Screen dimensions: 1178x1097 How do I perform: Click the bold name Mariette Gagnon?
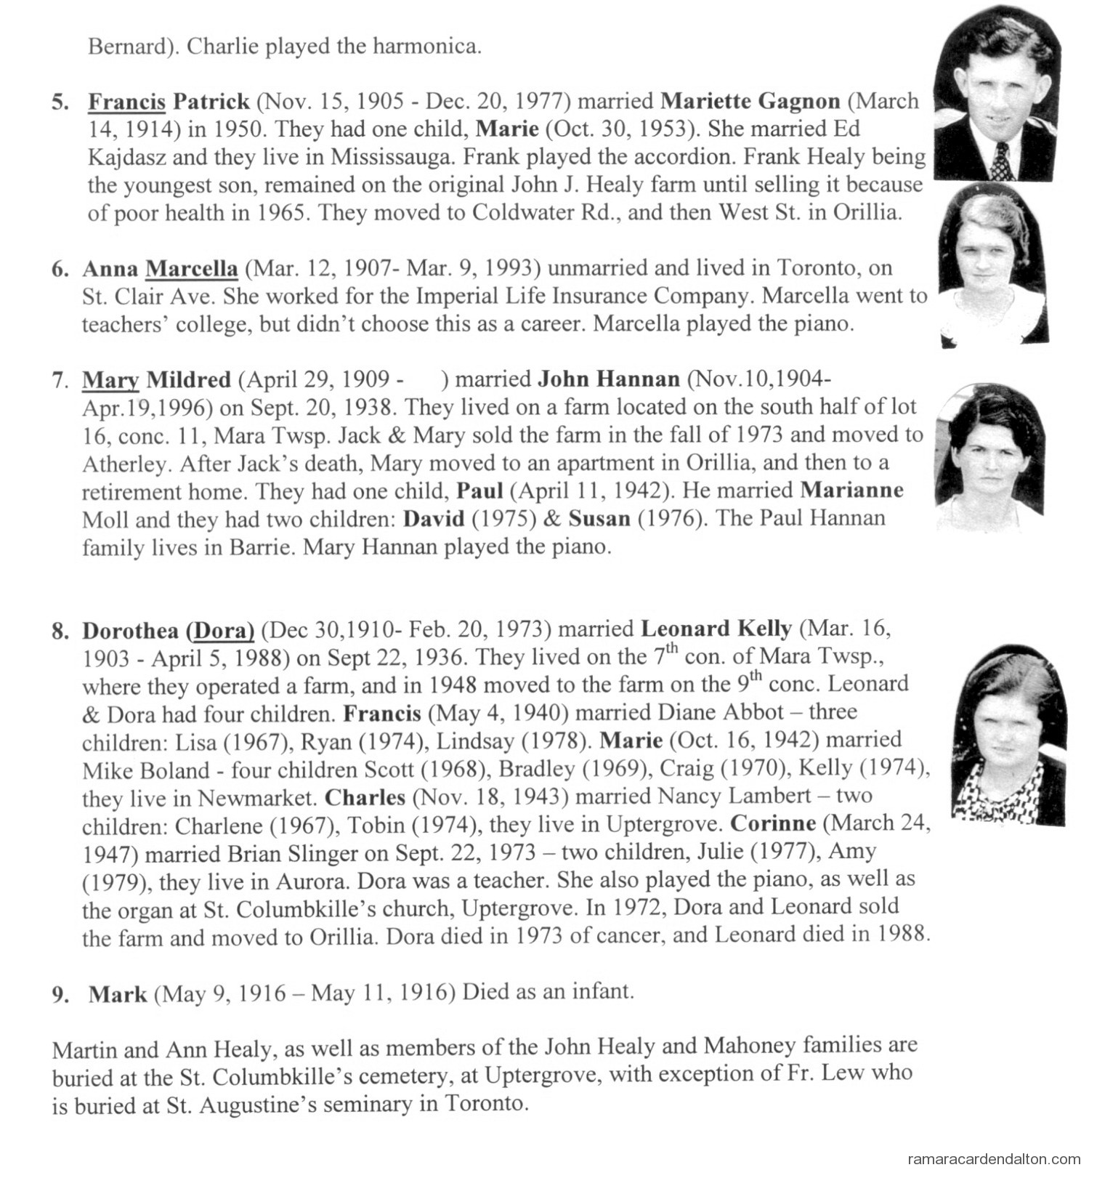point(750,101)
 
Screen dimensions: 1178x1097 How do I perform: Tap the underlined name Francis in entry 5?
point(126,101)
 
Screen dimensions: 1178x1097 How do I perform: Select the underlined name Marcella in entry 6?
point(192,269)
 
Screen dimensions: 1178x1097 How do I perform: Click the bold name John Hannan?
point(609,379)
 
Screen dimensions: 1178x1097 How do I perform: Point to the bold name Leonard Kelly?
point(716,629)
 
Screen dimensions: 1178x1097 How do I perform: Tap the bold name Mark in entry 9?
point(118,993)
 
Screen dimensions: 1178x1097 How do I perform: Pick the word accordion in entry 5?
point(617,157)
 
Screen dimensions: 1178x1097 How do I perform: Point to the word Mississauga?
point(392,157)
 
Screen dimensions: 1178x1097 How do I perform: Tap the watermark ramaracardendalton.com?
point(995,1159)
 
